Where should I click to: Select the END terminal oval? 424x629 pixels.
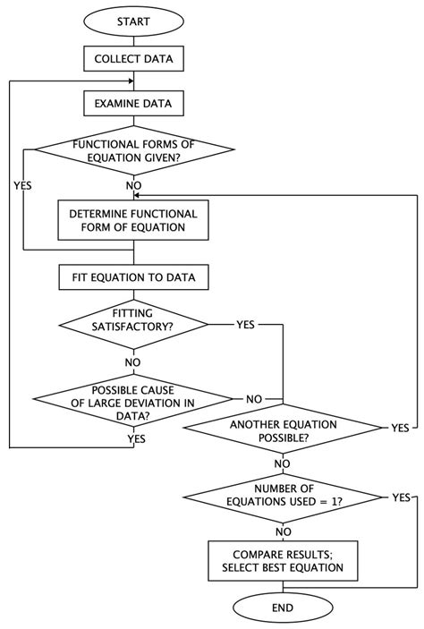pos(283,608)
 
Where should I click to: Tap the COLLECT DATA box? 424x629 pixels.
pos(133,61)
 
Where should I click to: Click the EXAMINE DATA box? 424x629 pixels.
pos(133,104)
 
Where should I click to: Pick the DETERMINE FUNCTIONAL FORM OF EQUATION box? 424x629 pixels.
pos(133,220)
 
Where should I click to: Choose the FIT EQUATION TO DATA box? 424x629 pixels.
pos(133,278)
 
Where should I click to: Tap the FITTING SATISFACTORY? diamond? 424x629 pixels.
pos(133,322)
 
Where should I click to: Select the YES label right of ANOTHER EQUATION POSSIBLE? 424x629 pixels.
pos(400,429)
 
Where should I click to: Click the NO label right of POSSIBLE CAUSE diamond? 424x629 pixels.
pos(254,399)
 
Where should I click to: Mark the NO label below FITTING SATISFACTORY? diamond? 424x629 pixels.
pos(133,362)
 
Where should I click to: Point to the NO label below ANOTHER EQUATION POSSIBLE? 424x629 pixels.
pos(283,463)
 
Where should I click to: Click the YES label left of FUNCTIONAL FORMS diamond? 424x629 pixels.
pos(23,185)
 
